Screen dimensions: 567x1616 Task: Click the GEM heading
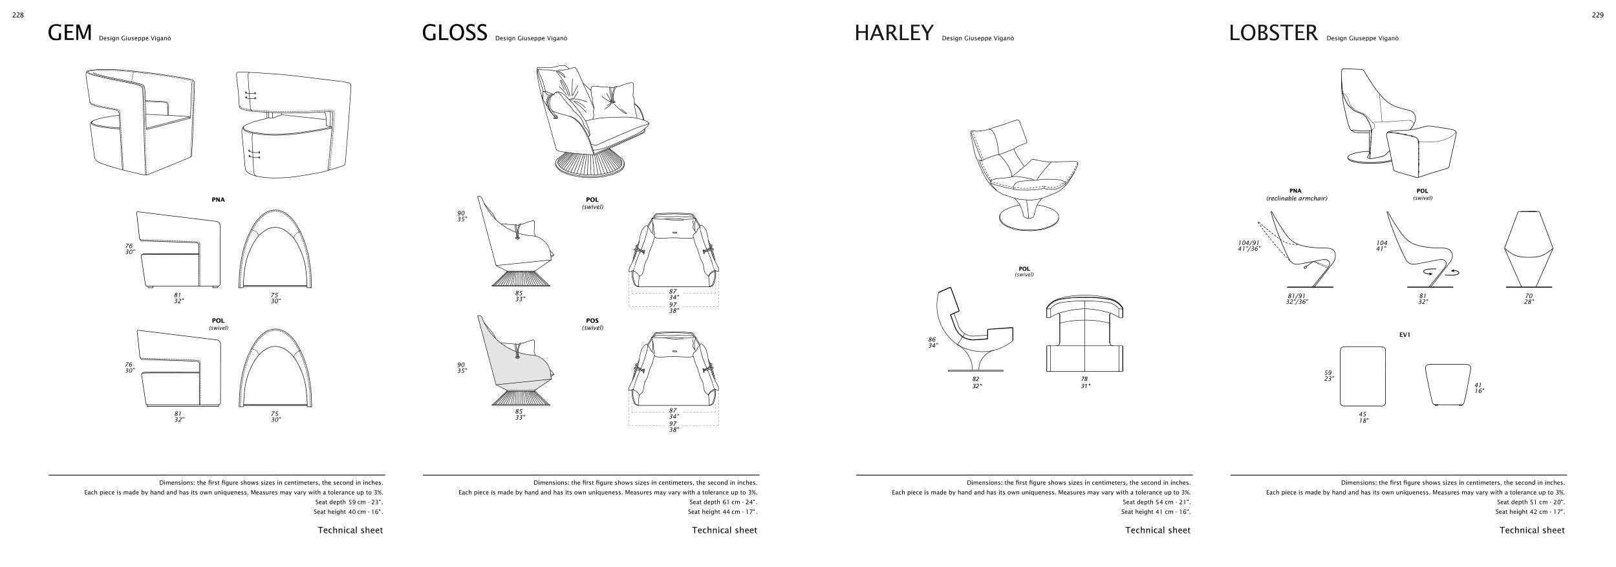(70, 32)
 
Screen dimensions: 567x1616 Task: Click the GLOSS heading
(454, 32)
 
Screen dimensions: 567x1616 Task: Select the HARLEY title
(894, 32)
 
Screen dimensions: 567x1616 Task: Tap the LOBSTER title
(1273, 32)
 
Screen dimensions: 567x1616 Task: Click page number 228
(18, 16)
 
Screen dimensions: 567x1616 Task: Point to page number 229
(1597, 16)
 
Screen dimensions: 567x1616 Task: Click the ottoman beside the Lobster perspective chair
(1421, 152)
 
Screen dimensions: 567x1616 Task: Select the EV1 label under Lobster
(1405, 335)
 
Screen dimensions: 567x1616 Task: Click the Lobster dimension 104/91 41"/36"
(1249, 246)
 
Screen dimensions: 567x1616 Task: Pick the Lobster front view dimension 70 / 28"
(1529, 299)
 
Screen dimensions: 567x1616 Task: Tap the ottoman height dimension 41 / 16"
(1478, 388)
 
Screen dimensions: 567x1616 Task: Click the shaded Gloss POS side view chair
(514, 362)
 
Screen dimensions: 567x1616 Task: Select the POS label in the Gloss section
(592, 321)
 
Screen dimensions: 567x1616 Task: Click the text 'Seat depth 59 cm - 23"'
(349, 502)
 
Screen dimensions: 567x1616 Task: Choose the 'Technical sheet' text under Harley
(1158, 530)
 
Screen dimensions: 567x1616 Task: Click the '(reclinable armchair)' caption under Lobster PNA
(1297, 198)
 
